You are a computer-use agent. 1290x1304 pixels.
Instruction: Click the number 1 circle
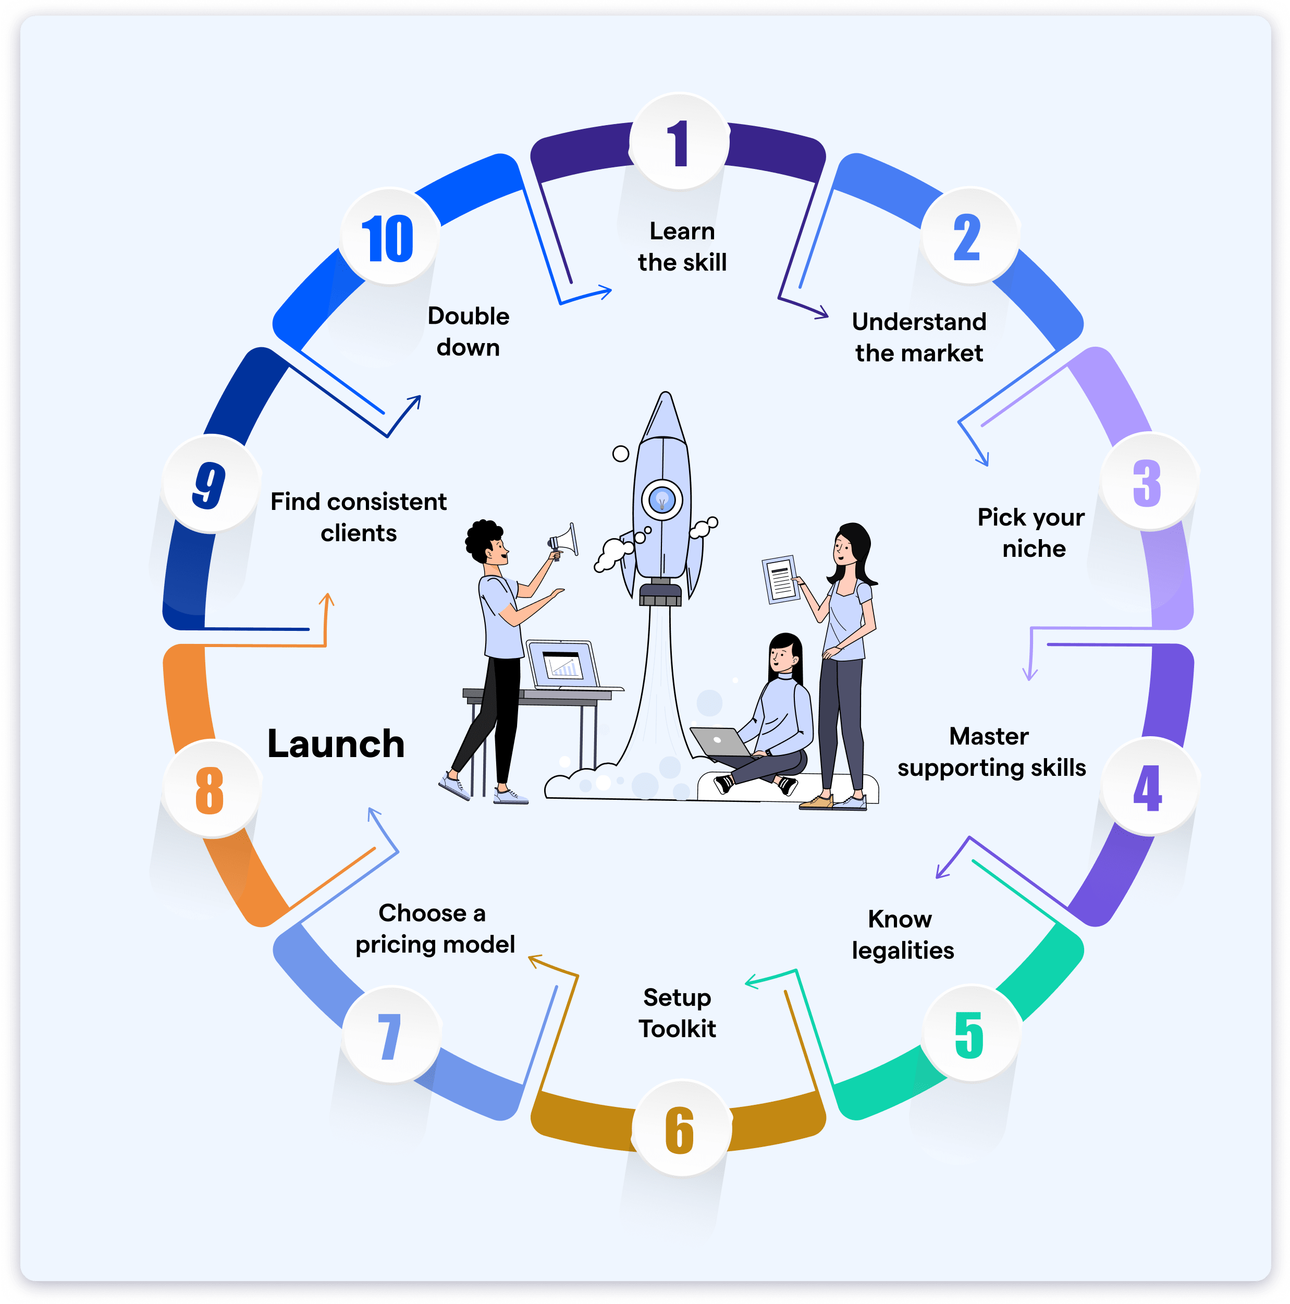click(x=680, y=142)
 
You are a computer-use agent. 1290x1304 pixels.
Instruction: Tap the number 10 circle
click(x=389, y=238)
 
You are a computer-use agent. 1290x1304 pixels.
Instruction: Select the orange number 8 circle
click(x=211, y=789)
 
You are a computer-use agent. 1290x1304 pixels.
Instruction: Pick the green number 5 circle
click(x=969, y=1033)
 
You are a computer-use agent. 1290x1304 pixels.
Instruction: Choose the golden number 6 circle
click(x=681, y=1128)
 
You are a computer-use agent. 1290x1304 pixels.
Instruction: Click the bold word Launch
click(x=336, y=744)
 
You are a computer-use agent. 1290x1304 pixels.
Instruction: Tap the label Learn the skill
click(x=682, y=246)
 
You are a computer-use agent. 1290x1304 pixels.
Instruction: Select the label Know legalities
click(x=902, y=934)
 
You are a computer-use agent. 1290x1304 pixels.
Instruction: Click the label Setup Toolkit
click(x=678, y=1013)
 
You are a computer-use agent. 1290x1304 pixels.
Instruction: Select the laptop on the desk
click(x=563, y=665)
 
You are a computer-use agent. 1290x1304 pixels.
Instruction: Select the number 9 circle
click(x=211, y=484)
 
